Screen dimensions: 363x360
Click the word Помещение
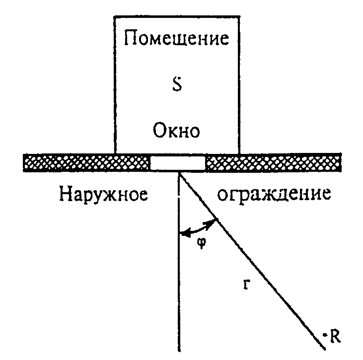pos(176,38)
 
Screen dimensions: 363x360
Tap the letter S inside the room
pos(177,85)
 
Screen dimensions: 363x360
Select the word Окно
pos(176,130)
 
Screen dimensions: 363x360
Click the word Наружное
pos(103,194)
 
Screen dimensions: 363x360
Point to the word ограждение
pos(274,194)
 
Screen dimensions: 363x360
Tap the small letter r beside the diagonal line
pos(247,285)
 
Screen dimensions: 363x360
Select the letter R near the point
pos(335,336)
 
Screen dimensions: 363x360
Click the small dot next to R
pos(325,335)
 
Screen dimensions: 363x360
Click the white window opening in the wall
pos(178,163)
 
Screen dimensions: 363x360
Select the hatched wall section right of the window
pos(273,162)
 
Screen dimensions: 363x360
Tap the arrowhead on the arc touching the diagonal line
pos(211,223)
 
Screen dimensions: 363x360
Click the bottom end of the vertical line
pos(179,351)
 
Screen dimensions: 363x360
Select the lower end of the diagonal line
pos(325,349)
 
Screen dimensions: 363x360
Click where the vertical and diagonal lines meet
pos(179,173)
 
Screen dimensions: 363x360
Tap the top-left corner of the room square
pos(115,17)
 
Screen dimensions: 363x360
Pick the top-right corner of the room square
pos(239,17)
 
